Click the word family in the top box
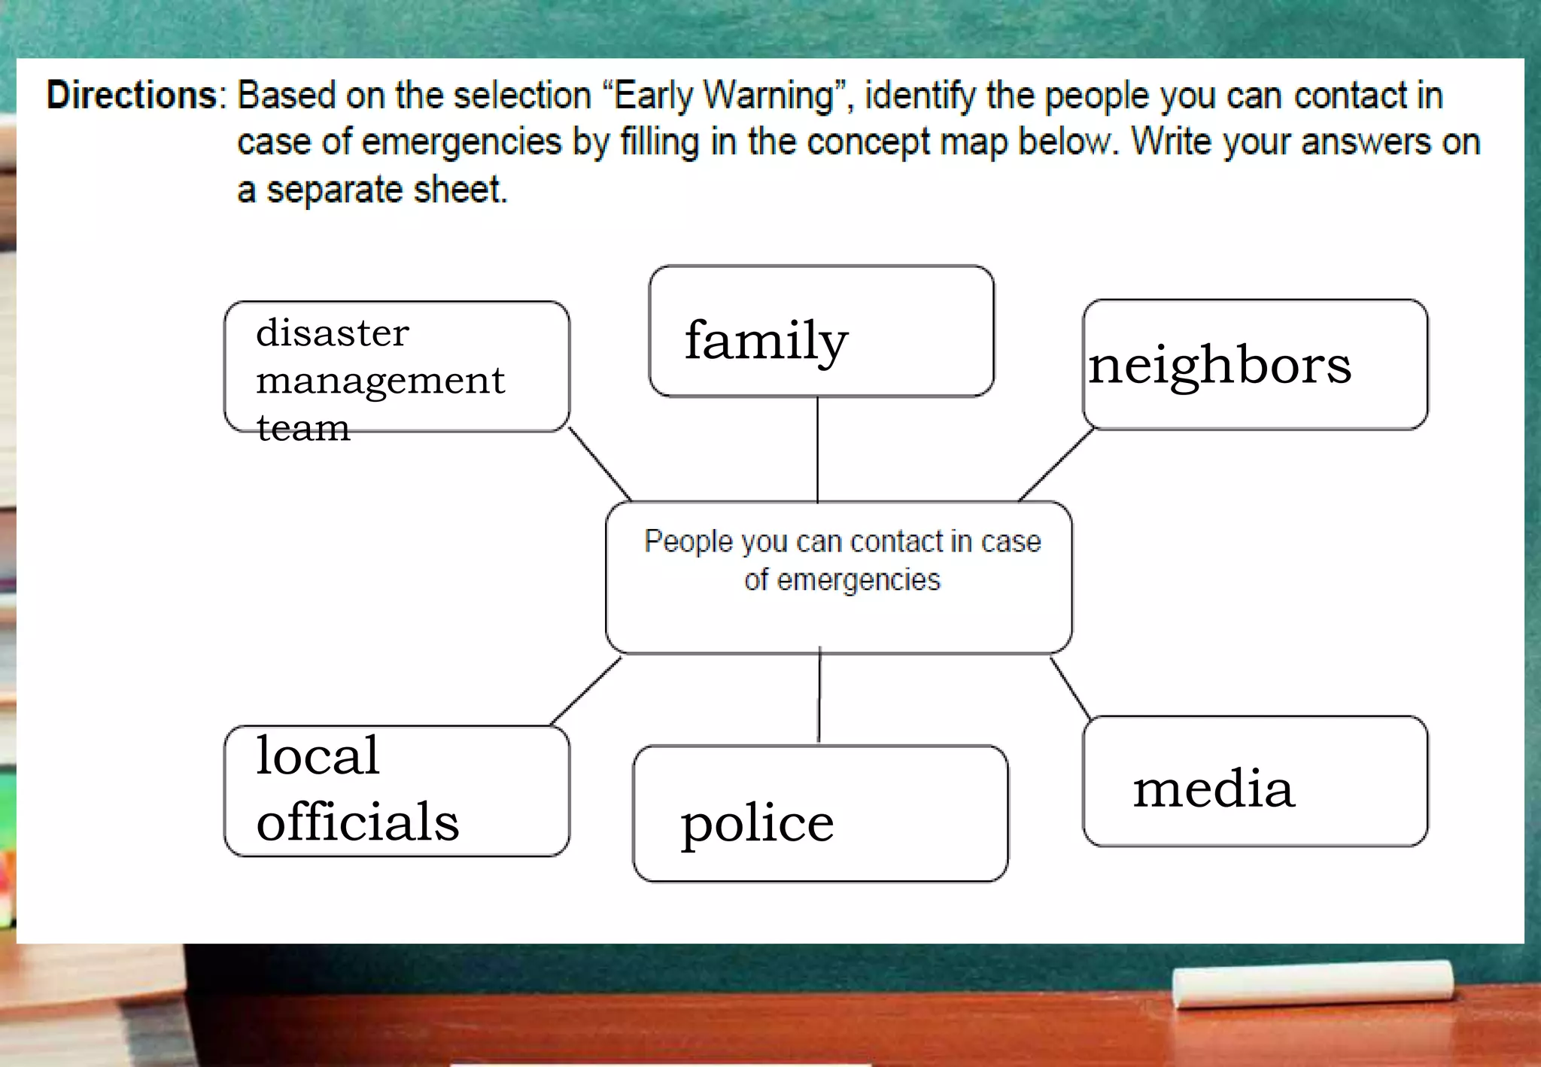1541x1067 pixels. click(766, 341)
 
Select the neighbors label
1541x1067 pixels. click(1220, 366)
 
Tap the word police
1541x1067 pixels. click(757, 823)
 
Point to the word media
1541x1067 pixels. click(1214, 789)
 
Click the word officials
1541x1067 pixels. click(357, 821)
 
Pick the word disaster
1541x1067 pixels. click(333, 333)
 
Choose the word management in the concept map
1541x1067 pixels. click(380, 381)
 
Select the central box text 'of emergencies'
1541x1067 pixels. click(842, 580)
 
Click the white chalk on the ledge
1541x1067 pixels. click(1313, 984)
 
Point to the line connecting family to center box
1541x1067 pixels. click(818, 449)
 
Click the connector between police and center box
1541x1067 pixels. click(819, 696)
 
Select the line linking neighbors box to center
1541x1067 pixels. click(1056, 465)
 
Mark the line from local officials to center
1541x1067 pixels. click(587, 691)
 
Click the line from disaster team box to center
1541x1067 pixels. click(600, 464)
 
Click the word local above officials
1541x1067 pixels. click(318, 755)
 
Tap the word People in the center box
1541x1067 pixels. click(688, 542)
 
